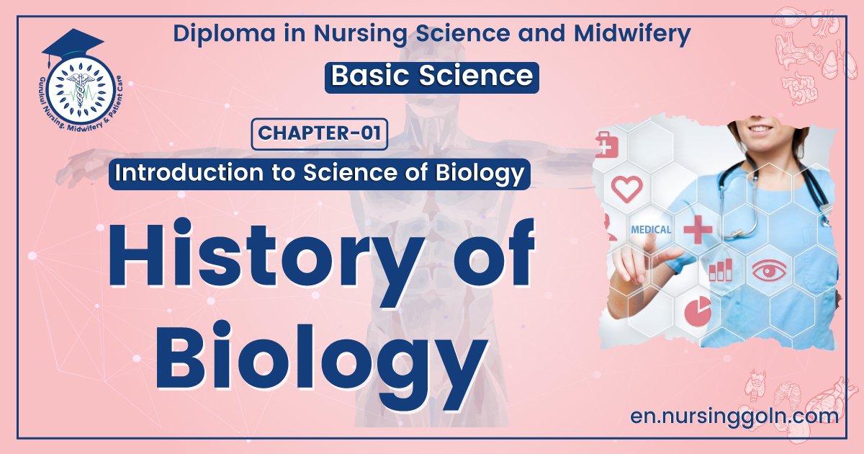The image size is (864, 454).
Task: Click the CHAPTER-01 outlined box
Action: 320,135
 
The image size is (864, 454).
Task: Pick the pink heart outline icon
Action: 626,189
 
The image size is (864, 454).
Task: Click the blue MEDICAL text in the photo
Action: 651,230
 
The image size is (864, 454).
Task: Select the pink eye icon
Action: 770,271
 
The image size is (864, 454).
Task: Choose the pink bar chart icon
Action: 720,270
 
